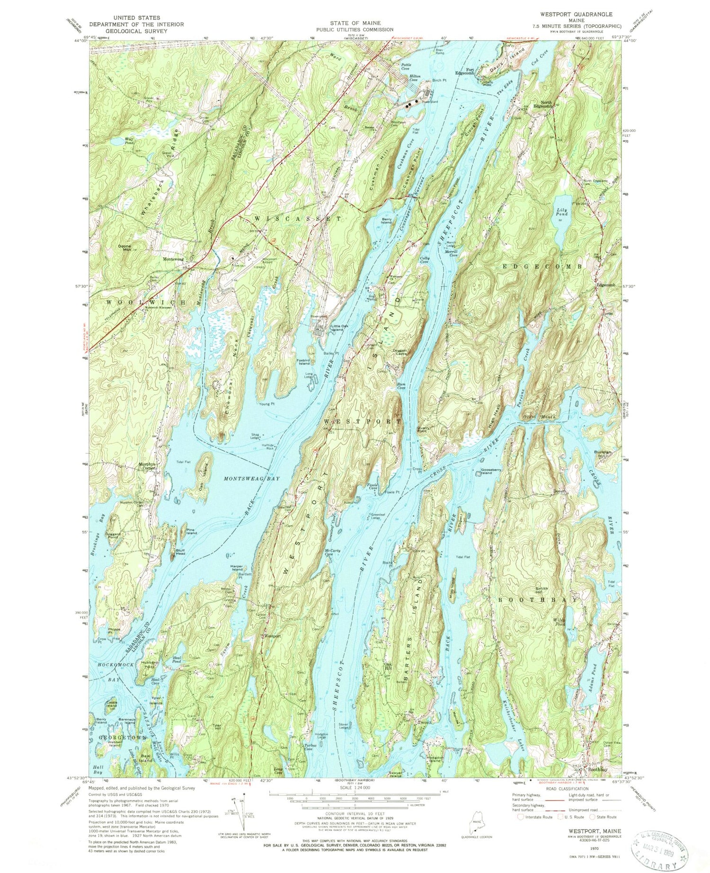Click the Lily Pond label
pyautogui.click(x=562, y=211)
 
